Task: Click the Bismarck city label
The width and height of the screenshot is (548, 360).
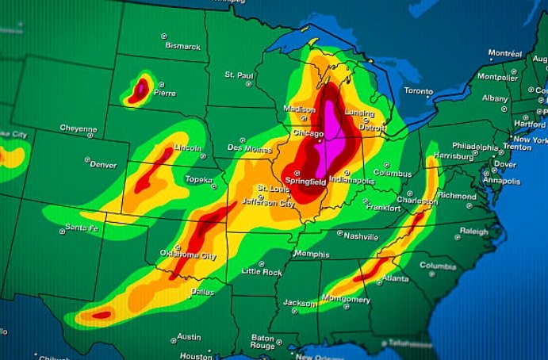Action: pyautogui.click(x=183, y=46)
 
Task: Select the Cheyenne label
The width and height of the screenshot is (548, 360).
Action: pyautogui.click(x=79, y=128)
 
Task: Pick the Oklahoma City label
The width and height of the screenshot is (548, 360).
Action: pyautogui.click(x=188, y=255)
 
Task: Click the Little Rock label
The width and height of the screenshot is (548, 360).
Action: pyautogui.click(x=262, y=271)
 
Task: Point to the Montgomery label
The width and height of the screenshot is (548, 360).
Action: pyautogui.click(x=346, y=300)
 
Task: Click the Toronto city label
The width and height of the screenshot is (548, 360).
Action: pyautogui.click(x=419, y=91)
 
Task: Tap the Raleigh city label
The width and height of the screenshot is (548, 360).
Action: pyautogui.click(x=474, y=231)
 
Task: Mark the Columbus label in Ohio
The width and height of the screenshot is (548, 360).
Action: pyautogui.click(x=393, y=173)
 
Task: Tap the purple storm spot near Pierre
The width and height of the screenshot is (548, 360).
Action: pyautogui.click(x=140, y=89)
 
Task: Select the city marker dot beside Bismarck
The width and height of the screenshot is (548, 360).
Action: pyautogui.click(x=164, y=36)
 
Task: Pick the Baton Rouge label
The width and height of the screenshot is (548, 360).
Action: pyautogui.click(x=262, y=342)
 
